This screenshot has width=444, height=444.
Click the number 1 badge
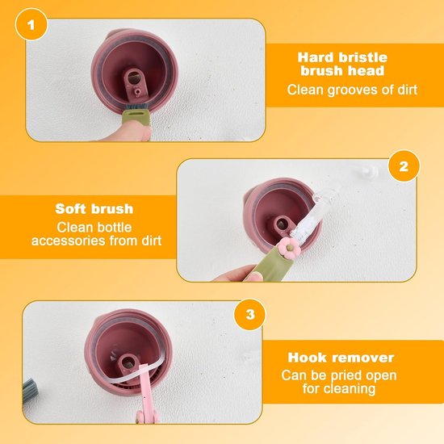tap(31, 25)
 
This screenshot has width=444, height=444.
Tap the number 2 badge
tap(404, 166)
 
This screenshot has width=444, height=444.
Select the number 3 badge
tap(250, 315)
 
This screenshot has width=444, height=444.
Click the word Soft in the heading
tap(71, 209)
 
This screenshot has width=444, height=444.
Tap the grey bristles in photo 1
tap(136, 107)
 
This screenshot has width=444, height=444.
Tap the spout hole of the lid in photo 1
tap(133, 77)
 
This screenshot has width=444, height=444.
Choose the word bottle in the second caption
tap(114, 228)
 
